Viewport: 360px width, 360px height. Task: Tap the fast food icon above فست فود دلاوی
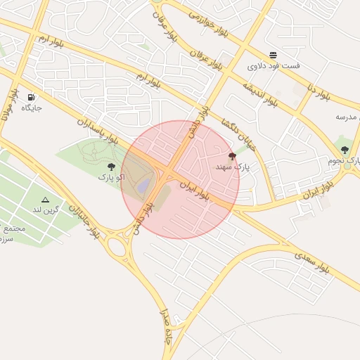click(x=273, y=55)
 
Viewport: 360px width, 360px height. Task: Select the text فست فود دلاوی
click(x=274, y=66)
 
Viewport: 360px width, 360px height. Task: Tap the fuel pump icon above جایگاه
click(x=31, y=97)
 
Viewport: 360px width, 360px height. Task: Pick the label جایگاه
click(x=32, y=108)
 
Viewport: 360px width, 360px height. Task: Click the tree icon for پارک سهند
click(x=232, y=156)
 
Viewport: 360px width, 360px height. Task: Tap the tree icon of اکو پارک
click(x=111, y=167)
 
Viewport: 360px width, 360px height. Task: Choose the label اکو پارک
click(x=111, y=177)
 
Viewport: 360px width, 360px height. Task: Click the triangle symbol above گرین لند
click(x=46, y=200)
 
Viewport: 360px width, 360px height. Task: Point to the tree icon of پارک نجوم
click(x=345, y=150)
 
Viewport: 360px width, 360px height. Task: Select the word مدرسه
click(x=347, y=116)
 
